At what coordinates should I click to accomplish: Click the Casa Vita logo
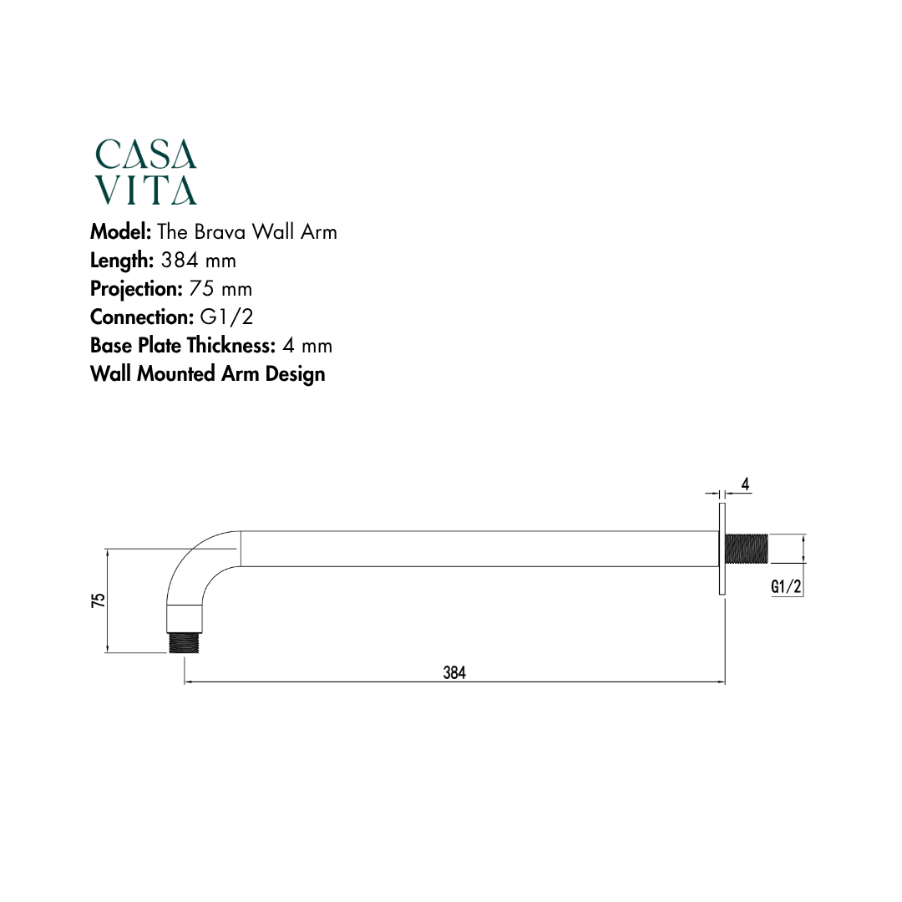pos(146,172)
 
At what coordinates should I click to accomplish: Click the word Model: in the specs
pos(120,231)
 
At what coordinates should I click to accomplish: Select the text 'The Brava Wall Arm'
pos(247,231)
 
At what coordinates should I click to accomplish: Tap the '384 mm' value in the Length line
pos(199,260)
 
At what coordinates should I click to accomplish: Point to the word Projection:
pos(136,289)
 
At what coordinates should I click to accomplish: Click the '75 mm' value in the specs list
pos(220,289)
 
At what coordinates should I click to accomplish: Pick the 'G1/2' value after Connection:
pos(226,317)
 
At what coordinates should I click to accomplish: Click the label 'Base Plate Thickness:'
pos(183,346)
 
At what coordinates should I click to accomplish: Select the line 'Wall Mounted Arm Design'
pos(208,374)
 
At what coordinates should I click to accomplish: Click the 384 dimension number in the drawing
pos(454,672)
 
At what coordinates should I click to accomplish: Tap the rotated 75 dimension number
pos(99,600)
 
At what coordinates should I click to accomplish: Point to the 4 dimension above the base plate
pos(745,484)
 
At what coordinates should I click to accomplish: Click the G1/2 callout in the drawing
pos(786,587)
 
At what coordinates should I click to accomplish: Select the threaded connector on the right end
pos(747,549)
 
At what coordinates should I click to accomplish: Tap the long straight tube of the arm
pos(476,549)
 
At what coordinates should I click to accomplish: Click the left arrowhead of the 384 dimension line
pos(187,682)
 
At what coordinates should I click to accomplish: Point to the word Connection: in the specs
pos(142,317)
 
